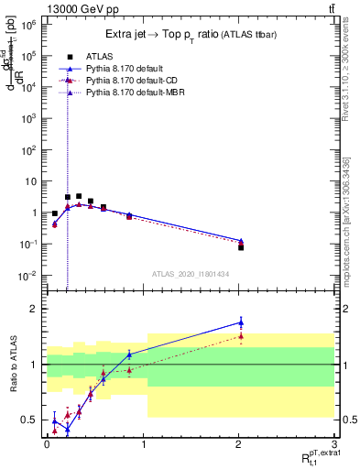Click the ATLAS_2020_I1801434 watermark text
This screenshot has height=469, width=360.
pyautogui.click(x=190, y=274)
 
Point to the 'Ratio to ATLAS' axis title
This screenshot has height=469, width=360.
pyautogui.click(x=16, y=363)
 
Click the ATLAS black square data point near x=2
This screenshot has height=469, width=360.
pyautogui.click(x=241, y=247)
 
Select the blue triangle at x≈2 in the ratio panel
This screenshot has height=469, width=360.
pyautogui.click(x=241, y=322)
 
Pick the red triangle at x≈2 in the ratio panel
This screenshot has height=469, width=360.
pyautogui.click(x=241, y=336)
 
